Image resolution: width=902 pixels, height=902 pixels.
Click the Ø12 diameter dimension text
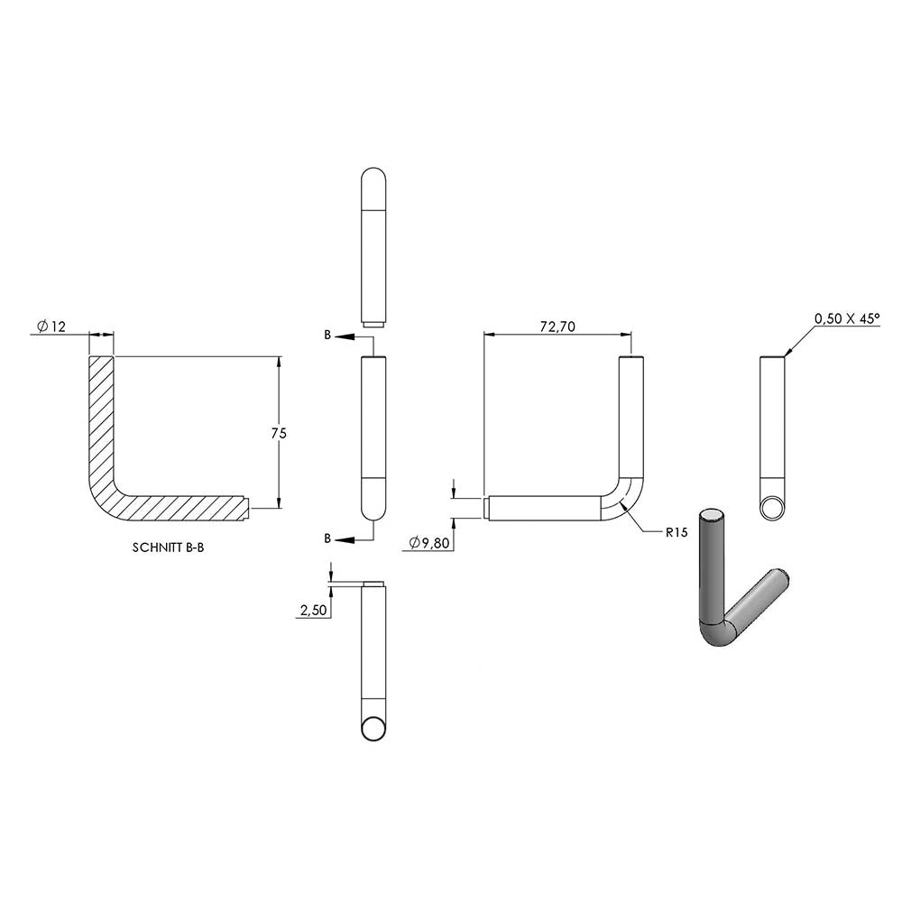[51, 327]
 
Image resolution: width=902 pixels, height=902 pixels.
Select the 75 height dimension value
[279, 433]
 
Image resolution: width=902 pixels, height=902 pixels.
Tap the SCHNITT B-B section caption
[168, 548]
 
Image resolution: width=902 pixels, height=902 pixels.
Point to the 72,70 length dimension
[557, 327]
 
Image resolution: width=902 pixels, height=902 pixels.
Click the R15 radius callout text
[676, 533]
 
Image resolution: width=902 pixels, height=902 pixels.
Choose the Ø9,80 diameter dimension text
[429, 542]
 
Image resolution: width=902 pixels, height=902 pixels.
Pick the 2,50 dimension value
[314, 611]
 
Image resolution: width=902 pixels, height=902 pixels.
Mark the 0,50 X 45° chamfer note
[847, 318]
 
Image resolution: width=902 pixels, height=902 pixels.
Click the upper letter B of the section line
[327, 335]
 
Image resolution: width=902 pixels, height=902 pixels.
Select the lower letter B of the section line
[327, 538]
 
